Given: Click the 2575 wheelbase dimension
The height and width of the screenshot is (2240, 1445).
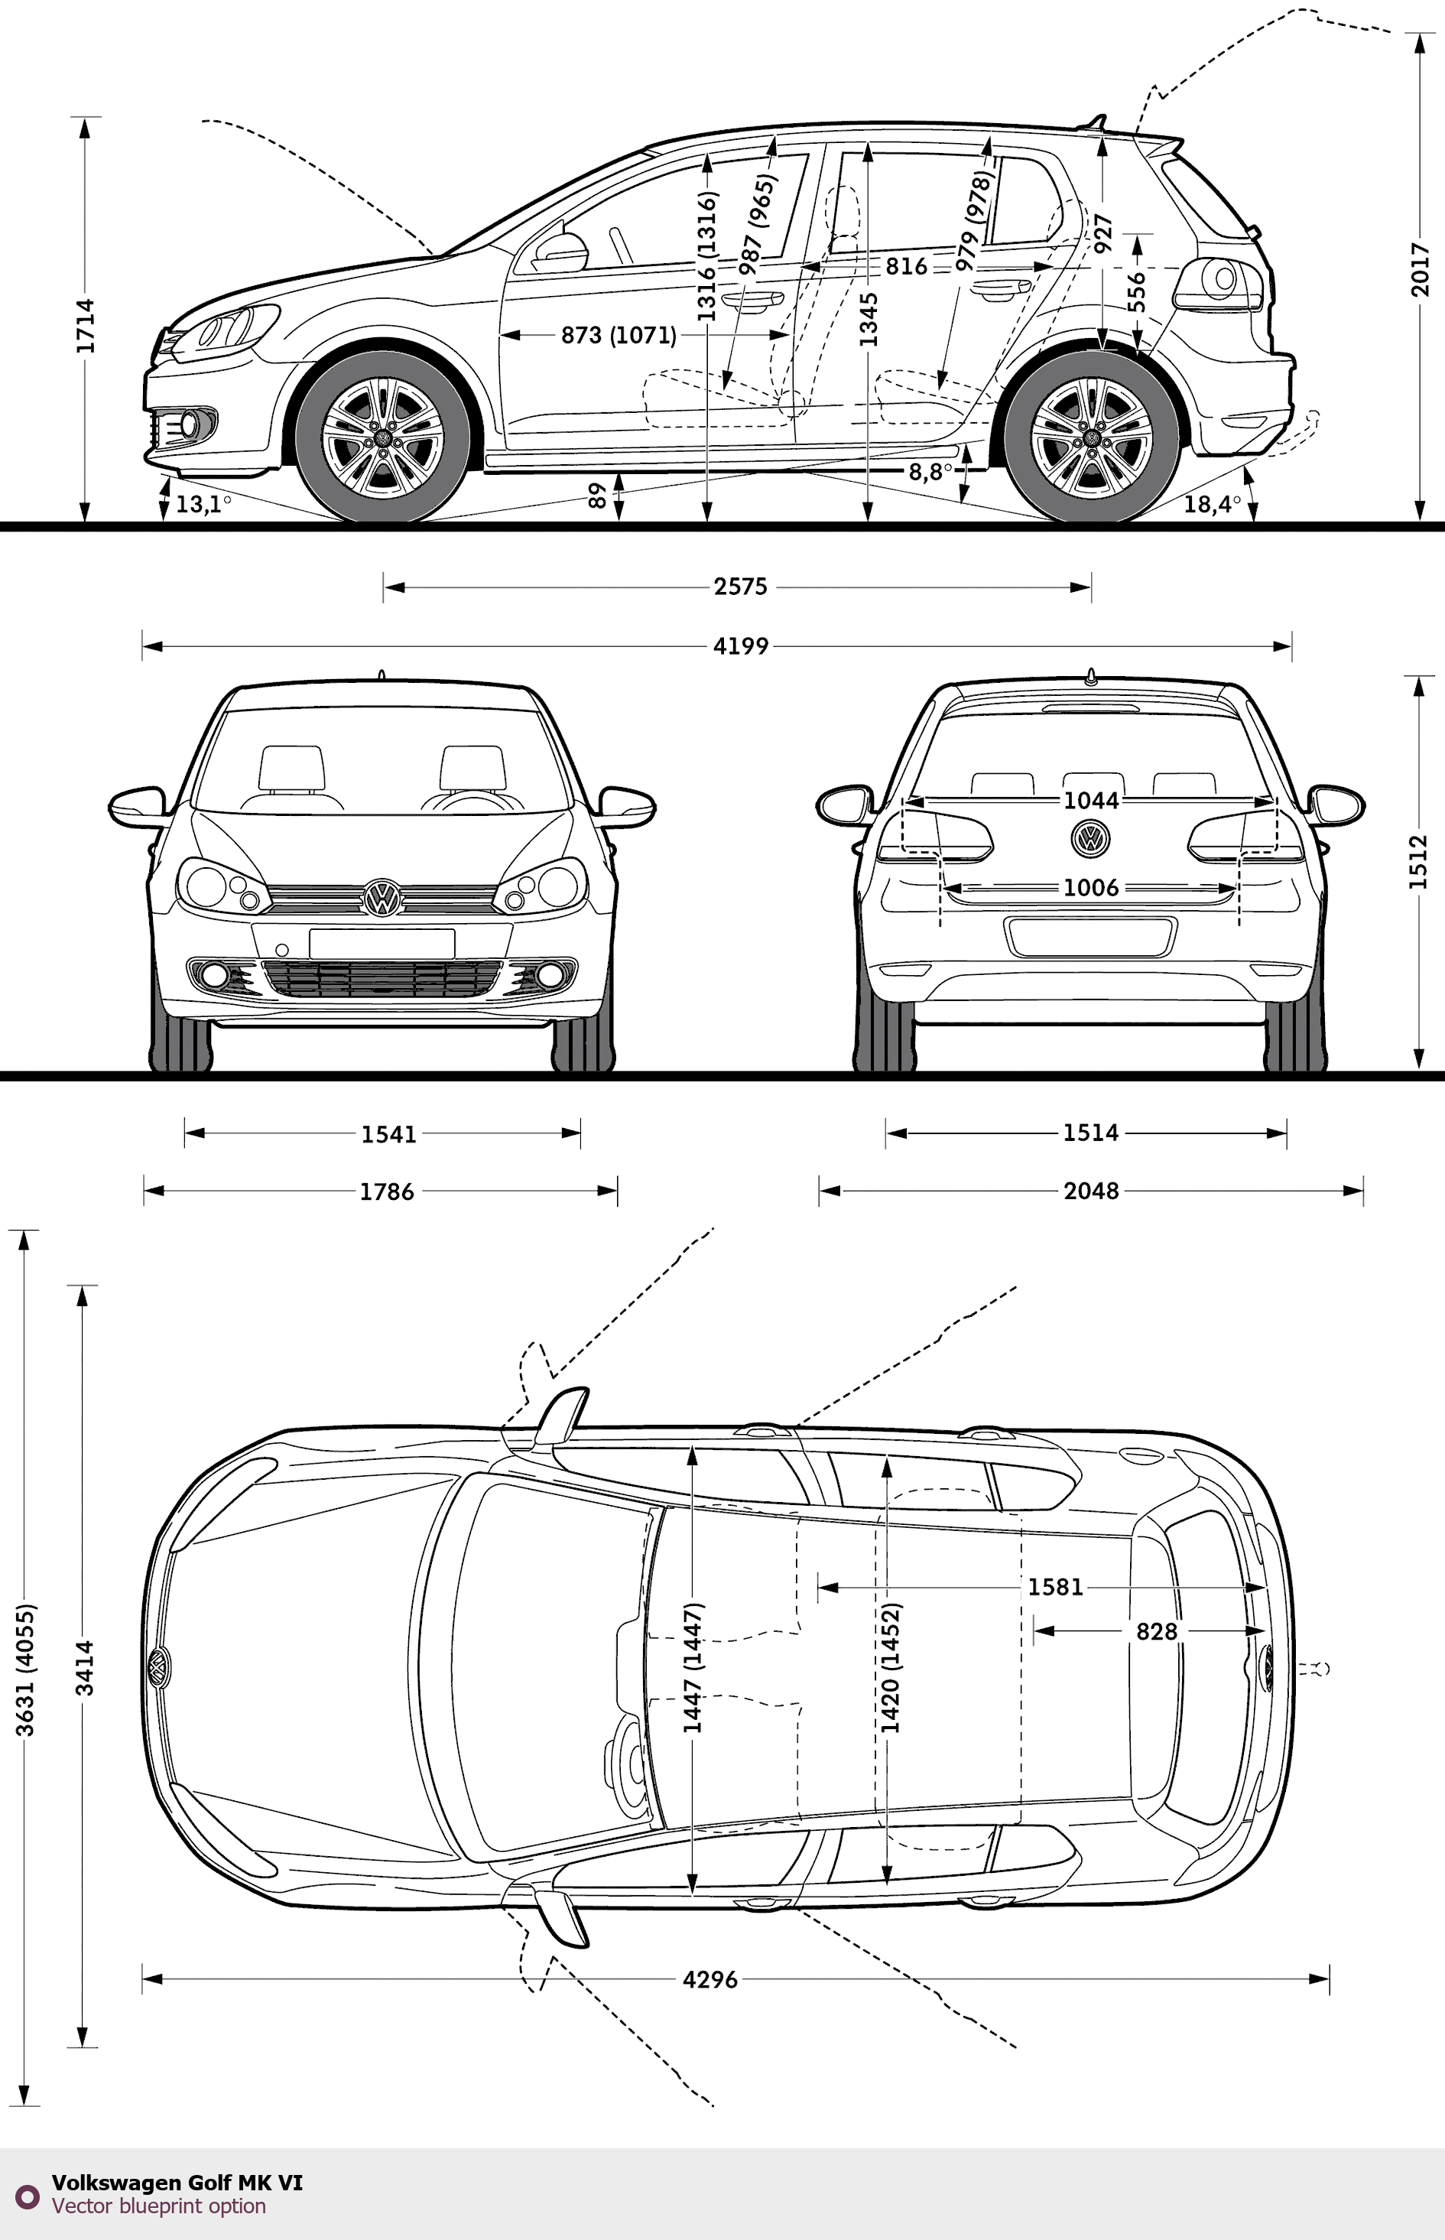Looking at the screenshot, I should click(x=740, y=587).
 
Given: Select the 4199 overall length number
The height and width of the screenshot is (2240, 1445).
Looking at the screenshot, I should click(x=740, y=645).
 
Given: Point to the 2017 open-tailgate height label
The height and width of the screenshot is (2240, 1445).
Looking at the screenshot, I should click(x=1421, y=270).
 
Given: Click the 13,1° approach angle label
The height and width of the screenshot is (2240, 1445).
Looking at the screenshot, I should click(x=202, y=504).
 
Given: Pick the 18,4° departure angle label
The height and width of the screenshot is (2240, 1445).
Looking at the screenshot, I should click(x=1211, y=504).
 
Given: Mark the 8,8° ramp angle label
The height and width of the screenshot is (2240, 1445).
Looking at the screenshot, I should click(x=929, y=472).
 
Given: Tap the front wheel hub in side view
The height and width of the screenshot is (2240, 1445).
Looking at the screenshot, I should click(x=383, y=438).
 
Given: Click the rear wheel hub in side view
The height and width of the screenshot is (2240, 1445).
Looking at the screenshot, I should click(x=1091, y=438).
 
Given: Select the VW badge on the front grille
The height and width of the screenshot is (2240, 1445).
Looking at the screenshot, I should click(x=382, y=898).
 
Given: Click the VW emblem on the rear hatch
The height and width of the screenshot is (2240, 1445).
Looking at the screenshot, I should click(x=1089, y=837).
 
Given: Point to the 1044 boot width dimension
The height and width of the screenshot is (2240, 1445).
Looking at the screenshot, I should click(x=1090, y=801).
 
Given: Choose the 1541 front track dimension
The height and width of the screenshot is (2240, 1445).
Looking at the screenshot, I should click(x=388, y=1133).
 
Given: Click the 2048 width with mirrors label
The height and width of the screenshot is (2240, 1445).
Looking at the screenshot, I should click(x=1090, y=1191).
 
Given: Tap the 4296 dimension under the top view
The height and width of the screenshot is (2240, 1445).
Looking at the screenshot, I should click(x=710, y=1979).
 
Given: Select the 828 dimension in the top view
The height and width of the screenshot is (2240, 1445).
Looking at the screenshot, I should click(x=1156, y=1631).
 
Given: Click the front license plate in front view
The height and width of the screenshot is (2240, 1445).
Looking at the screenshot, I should click(x=382, y=943).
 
